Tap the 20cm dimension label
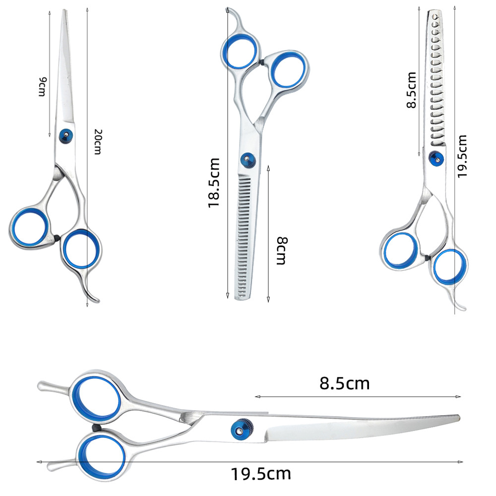coord(98,141)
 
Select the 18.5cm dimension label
coord(214,182)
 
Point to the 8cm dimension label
coord(281,250)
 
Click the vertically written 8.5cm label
coord(411,90)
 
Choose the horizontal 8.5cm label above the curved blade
coord(344,383)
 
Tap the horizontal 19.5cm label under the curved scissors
coord(260,474)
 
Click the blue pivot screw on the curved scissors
coord(240,427)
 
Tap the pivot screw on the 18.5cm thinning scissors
coord(247,159)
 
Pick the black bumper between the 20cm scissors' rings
coord(58,239)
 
